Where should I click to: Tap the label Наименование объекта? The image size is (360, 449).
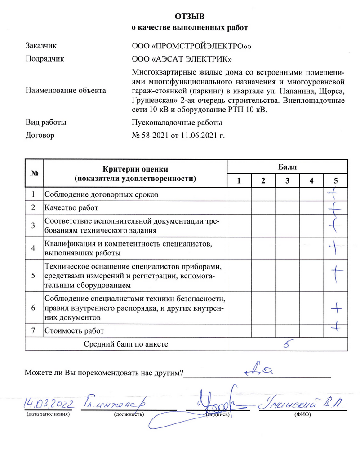pyautogui.click(x=67, y=90)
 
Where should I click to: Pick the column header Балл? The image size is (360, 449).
pyautogui.click(x=288, y=167)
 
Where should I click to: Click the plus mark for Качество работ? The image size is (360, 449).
pyautogui.click(x=334, y=208)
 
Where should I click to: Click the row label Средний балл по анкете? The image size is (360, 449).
pyautogui.click(x=126, y=344)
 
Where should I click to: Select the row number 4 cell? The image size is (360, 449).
pyautogui.click(x=34, y=247)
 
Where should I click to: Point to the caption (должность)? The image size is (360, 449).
pyautogui.click(x=129, y=414)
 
